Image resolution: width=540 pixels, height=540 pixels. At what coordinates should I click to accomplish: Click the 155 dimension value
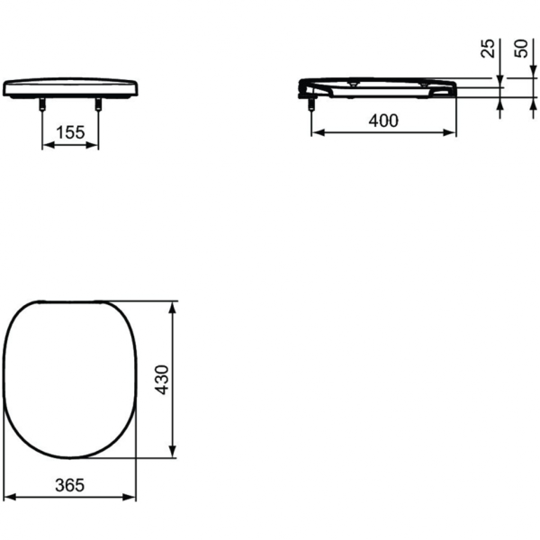point(70,132)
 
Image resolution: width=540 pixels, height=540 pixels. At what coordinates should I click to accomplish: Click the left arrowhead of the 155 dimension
point(46,144)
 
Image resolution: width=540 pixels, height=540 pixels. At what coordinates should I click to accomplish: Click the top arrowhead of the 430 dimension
point(173,306)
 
